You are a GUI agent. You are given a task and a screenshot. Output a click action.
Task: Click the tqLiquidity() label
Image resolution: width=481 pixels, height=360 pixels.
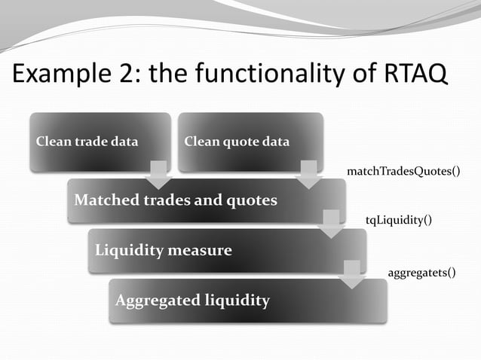click(399, 219)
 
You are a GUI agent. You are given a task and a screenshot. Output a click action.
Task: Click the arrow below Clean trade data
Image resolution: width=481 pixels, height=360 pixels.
click(158, 175)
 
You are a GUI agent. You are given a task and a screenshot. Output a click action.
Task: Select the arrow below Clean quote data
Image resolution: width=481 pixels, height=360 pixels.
click(309, 175)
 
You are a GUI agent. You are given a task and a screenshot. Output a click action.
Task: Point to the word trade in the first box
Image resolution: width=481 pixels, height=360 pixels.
click(89, 141)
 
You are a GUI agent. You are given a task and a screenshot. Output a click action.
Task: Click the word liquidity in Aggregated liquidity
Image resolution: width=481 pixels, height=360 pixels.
click(237, 301)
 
